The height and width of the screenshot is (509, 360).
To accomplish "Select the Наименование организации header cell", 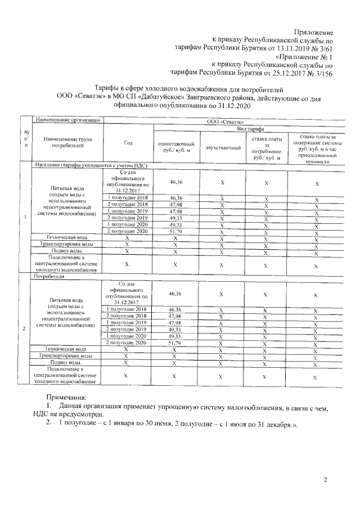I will [67, 120].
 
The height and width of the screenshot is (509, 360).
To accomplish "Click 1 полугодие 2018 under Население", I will [127, 198].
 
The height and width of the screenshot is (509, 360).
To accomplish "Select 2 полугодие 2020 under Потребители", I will [127, 342].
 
